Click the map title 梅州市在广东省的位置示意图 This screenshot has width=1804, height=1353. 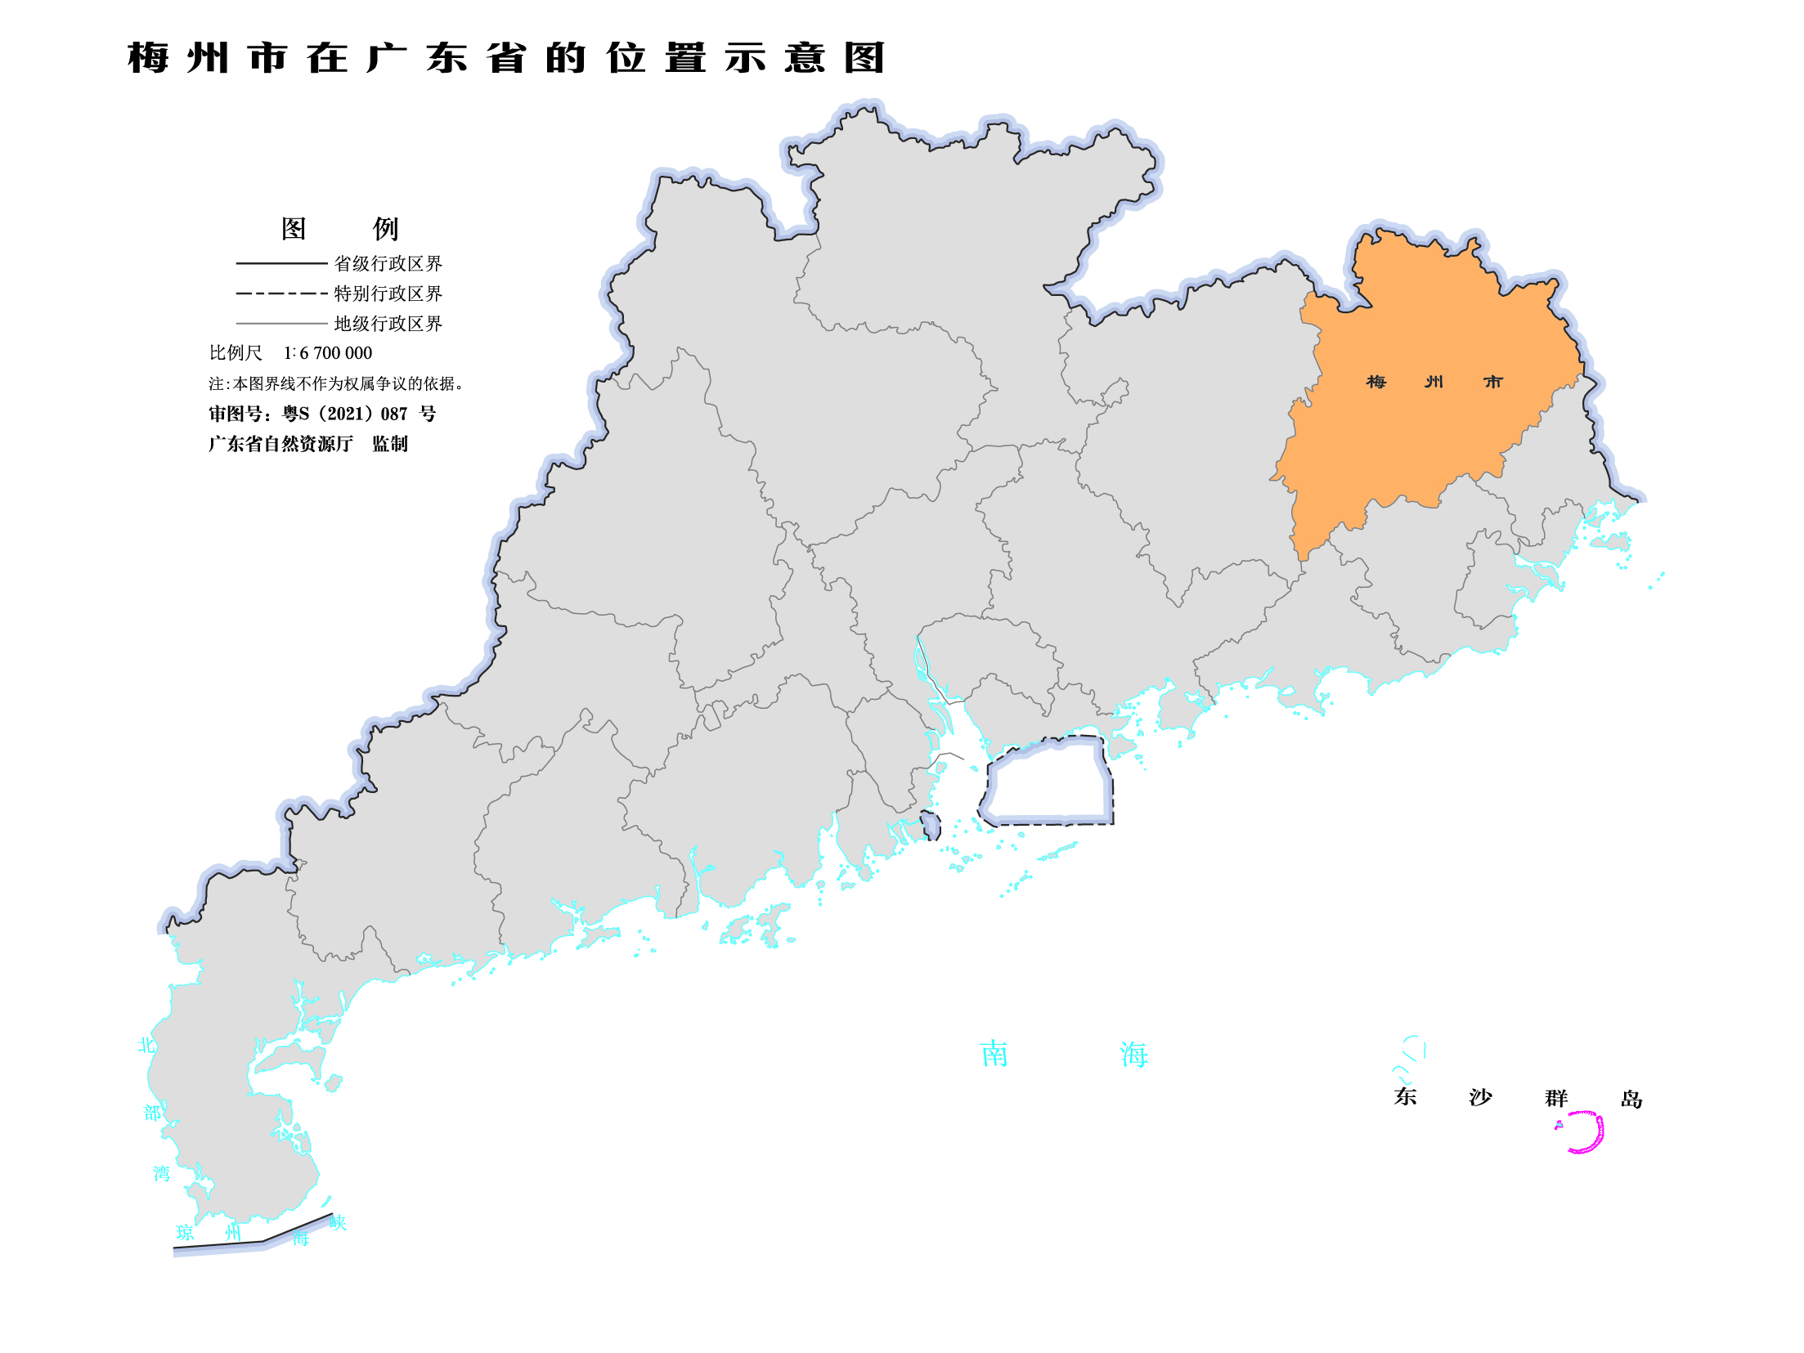505,58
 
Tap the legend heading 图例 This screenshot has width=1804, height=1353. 339,229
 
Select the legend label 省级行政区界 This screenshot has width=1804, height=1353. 388,263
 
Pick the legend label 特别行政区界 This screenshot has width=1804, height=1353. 388,293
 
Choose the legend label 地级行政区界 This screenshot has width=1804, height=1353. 388,324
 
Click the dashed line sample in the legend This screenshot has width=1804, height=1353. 281,293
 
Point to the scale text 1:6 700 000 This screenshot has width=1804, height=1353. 327,353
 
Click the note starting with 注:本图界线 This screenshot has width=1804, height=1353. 336,383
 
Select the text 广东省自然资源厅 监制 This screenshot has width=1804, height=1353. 307,444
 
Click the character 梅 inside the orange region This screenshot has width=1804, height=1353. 1376,382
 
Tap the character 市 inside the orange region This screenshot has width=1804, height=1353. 1493,382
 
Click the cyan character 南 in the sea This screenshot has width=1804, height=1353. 994,1054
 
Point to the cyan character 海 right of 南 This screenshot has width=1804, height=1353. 1134,1055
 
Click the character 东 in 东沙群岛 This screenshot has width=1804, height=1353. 1405,1096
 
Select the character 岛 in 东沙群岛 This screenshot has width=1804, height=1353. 1631,1099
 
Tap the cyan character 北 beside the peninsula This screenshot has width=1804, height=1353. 146,1045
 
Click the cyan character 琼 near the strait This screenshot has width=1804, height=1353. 186,1233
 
